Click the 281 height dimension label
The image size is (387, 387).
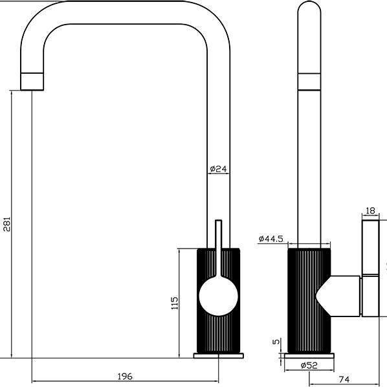7,224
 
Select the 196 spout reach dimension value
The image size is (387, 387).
125,376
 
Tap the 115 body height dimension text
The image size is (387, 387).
174,304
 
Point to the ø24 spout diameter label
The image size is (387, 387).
218,169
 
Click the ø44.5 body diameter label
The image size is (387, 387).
271,239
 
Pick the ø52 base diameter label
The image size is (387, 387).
309,365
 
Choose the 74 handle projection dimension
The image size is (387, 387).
344,379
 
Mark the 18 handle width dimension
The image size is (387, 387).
370,211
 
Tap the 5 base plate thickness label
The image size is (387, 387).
276,342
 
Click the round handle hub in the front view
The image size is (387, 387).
219,296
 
